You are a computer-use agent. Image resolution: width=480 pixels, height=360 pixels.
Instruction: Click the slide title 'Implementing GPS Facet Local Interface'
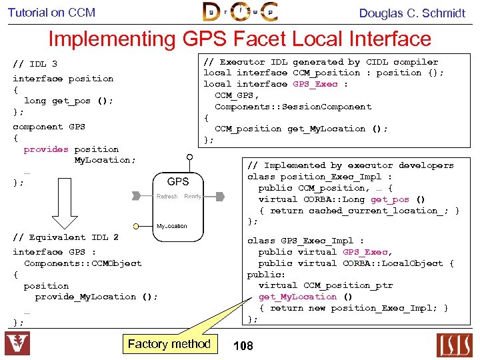[x=239, y=39]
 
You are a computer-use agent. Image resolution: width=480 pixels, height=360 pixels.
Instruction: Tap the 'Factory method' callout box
[x=169, y=344]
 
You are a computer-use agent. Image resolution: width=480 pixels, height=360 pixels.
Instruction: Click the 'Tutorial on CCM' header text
[x=51, y=12]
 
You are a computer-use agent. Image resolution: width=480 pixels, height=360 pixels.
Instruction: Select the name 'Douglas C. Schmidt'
[x=412, y=13]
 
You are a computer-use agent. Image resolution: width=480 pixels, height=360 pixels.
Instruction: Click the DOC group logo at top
[x=240, y=12]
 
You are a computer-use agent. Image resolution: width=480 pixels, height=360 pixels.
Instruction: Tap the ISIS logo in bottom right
[x=455, y=344]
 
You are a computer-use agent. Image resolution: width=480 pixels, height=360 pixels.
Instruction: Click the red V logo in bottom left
[x=17, y=344]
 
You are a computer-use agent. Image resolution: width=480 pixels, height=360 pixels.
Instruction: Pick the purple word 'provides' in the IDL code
[x=46, y=149]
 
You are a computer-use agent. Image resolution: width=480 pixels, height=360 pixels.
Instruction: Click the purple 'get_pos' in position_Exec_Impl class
[x=389, y=199]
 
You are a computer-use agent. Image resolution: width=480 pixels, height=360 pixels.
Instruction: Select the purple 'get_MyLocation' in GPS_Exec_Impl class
[x=297, y=297]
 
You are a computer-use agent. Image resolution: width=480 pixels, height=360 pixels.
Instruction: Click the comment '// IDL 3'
[x=35, y=64]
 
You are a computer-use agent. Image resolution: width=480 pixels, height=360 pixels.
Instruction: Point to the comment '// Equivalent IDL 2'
[x=65, y=237]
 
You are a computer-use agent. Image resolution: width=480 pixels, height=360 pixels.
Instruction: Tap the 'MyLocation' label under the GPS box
[x=172, y=226]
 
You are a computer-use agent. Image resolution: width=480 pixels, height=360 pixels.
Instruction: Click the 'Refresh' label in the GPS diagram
[x=167, y=197]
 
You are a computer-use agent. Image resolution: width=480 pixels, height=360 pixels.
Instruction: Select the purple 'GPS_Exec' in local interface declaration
[x=315, y=84]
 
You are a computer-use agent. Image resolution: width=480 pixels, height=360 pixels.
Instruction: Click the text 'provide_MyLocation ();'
[x=96, y=297]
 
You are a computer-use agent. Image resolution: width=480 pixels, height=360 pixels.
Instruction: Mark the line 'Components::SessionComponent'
[x=293, y=107]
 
